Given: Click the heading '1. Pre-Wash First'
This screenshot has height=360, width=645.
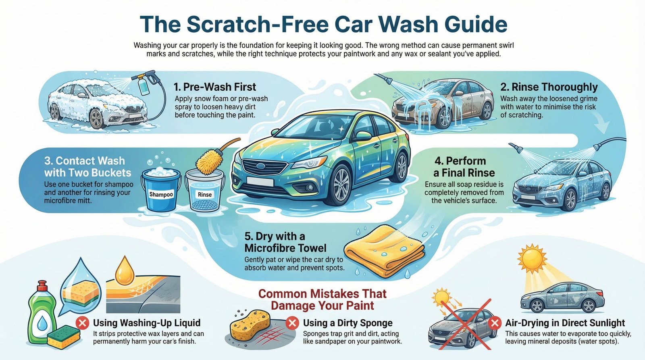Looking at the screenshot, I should click(215, 87).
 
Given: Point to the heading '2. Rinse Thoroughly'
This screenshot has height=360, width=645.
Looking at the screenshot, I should click(549, 87).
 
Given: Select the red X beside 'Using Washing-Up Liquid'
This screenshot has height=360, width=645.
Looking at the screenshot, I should click(83, 323).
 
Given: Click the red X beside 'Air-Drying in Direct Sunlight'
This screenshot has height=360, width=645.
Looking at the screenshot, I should click(495, 323).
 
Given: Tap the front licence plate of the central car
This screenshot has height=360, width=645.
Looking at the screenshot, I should click(260, 182).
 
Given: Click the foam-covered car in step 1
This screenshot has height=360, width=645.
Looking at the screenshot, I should click(97, 103).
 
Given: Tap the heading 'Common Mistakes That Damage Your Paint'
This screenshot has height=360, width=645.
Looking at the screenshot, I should click(322, 299).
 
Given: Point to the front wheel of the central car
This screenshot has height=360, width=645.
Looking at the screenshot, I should click(341, 181).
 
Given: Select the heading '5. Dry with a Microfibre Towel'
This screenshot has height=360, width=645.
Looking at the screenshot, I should click(285, 242).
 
